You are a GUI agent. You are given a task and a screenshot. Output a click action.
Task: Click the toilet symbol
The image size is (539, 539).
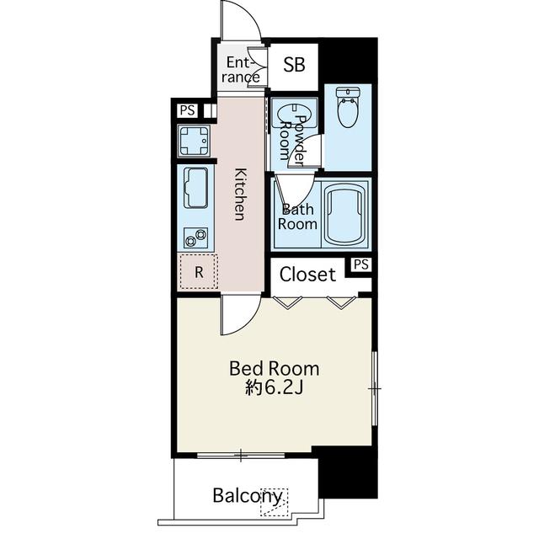click(348, 107)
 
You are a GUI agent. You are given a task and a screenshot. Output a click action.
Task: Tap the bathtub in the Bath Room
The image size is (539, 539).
click(344, 213)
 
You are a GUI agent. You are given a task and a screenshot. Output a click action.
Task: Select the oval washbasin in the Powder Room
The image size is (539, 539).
click(294, 115)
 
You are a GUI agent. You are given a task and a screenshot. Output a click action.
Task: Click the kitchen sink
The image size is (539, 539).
click(196, 188)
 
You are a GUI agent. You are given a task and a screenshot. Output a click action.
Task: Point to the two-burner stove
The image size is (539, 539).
click(196, 237)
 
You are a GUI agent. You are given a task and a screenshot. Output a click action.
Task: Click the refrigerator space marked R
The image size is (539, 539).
click(199, 271)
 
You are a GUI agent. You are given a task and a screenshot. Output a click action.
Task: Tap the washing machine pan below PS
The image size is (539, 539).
click(194, 141)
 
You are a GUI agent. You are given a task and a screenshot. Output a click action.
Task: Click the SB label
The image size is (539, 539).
click(294, 64)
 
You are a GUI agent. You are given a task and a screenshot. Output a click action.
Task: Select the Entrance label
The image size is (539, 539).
click(242, 70)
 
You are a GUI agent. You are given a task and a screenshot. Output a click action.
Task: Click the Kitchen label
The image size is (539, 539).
click(240, 195)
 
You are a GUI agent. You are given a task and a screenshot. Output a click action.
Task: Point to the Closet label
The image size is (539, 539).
click(307, 275)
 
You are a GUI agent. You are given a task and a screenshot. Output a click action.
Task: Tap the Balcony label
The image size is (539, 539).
click(248, 496)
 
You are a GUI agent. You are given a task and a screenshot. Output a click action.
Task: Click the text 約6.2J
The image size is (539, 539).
click(274, 388)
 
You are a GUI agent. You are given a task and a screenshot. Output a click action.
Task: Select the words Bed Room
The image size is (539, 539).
click(274, 369)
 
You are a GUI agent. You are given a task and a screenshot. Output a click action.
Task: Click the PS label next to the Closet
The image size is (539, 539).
click(361, 264)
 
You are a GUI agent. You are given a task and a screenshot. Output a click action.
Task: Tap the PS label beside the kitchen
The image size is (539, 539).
click(187, 110)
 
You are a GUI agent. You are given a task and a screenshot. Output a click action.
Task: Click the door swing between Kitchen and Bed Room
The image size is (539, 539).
click(241, 314)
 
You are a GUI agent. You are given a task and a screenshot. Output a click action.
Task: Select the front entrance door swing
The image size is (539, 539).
click(241, 20)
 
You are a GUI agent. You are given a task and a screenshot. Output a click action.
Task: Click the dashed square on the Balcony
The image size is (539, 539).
click(274, 502)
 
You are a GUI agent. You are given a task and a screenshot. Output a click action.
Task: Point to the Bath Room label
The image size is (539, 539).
click(297, 217)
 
